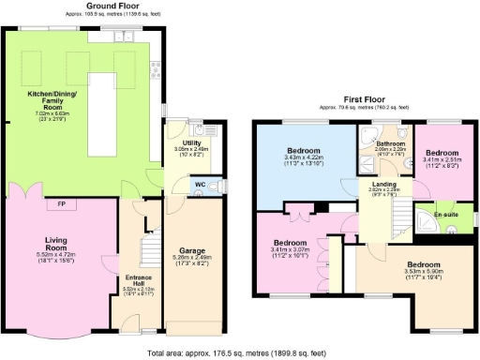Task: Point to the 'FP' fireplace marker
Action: coord(61,204)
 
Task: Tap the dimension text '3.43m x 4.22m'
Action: coord(303,157)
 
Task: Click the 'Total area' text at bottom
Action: coord(240,353)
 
